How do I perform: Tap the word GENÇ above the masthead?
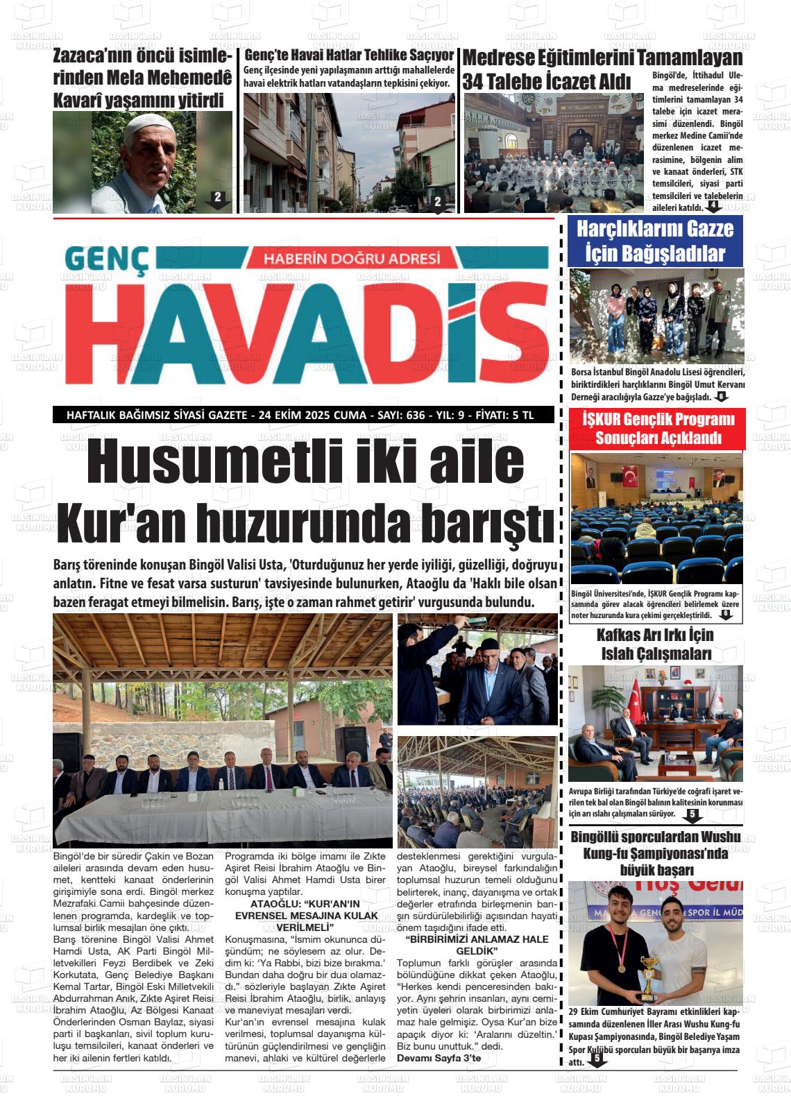point(107,259)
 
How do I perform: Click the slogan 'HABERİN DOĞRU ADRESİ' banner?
point(352,258)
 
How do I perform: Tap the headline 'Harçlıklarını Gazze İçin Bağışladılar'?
point(654,241)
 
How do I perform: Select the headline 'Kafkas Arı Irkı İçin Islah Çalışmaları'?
point(656,644)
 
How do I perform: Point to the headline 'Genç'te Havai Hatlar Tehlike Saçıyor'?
point(349,55)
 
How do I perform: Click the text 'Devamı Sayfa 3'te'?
point(439,1057)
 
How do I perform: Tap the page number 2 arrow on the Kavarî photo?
point(217,198)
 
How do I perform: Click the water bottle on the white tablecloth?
point(222,782)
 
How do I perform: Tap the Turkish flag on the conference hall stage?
point(631,476)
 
